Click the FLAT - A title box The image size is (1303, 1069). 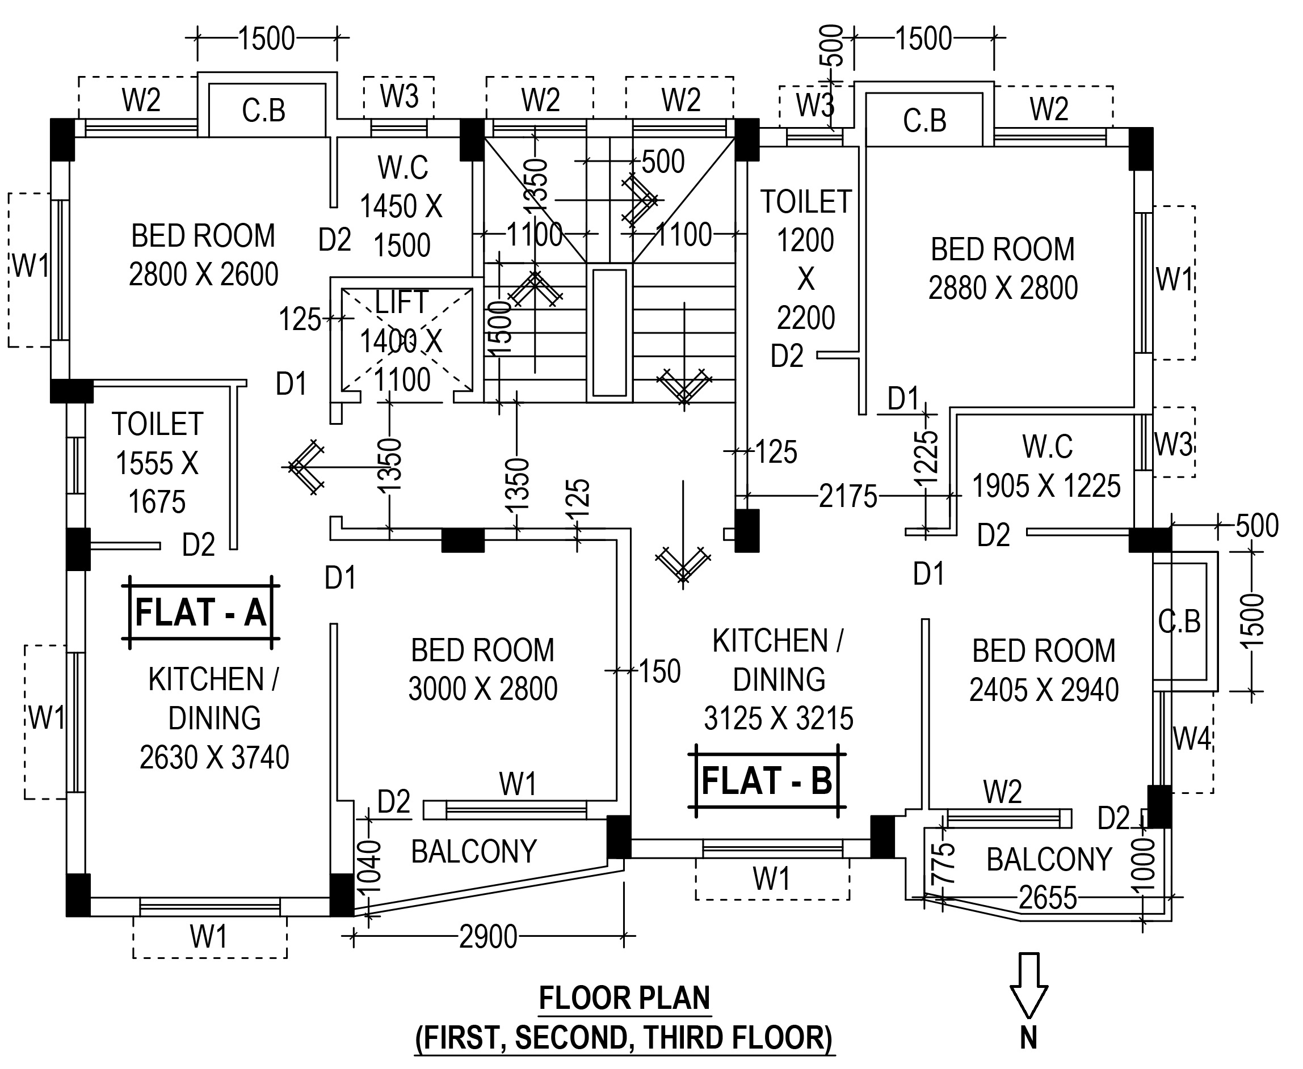tap(201, 612)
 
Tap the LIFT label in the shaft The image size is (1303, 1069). tap(402, 302)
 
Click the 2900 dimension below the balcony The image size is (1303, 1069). tap(488, 937)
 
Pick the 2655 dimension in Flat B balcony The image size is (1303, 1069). tap(1047, 897)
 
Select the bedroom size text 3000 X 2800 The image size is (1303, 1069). tap(482, 688)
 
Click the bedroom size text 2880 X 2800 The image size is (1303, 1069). tap(1003, 288)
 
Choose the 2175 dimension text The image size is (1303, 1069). tap(848, 496)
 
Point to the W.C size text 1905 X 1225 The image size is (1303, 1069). tap(1046, 486)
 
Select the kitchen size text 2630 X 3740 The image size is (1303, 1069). tap(215, 758)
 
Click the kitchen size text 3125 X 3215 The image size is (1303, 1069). tap(779, 718)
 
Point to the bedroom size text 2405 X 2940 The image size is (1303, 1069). tap(1044, 690)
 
